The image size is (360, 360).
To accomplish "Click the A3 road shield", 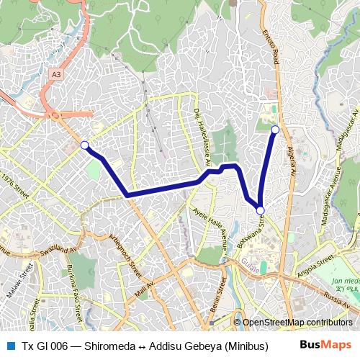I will tap(56, 73).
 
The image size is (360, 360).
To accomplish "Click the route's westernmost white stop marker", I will tap(85, 145).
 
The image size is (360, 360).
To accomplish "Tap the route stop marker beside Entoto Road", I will tap(274, 130).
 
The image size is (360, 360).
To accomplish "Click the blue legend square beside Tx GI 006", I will tap(9, 346).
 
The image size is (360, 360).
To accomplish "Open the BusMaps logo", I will tap(325, 346).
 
